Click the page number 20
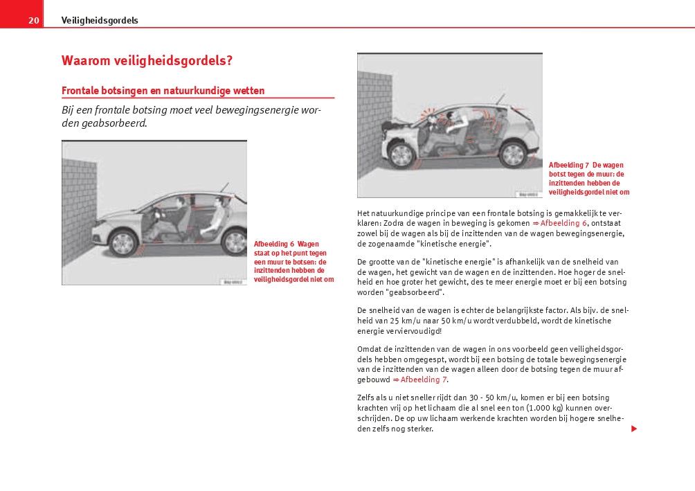pos(33,21)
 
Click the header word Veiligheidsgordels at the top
pos(100,21)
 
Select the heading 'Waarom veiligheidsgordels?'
pos(147,60)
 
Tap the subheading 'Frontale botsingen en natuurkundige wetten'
pos(163,91)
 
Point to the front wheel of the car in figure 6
pos(123,242)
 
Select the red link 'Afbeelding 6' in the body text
pos(563,224)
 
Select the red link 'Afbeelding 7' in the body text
pos(424,380)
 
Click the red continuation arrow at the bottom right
pos(633,429)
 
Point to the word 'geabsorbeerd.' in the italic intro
pos(114,124)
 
